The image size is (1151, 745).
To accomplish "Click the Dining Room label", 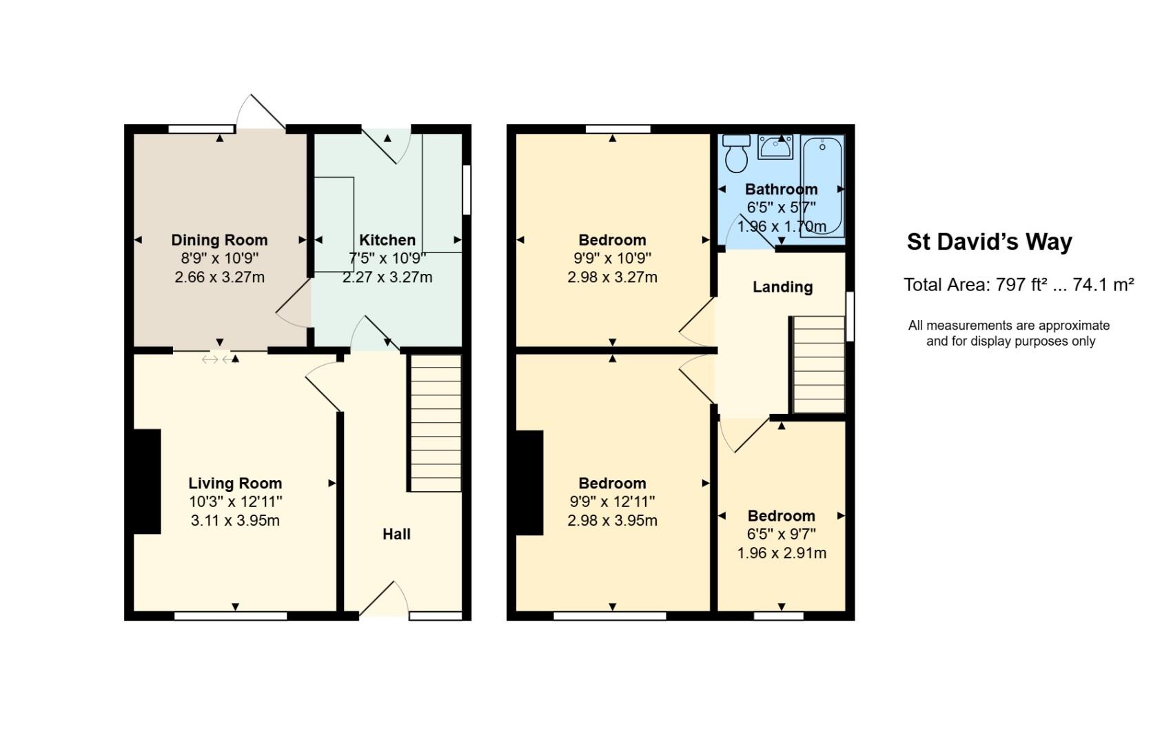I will pos(219,240).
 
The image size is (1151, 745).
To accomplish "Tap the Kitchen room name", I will pos(387,240).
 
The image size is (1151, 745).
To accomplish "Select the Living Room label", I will pos(235,484).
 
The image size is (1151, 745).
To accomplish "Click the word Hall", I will pos(396,534).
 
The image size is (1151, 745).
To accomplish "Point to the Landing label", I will pos(782,287).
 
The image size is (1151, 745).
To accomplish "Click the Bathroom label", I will pos(781,189).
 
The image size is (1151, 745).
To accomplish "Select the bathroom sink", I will pos(775,147).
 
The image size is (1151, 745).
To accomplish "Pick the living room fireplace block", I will pos(147,481).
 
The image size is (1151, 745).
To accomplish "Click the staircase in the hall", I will pos(436,423).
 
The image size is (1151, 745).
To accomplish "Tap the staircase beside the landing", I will pos(819,364).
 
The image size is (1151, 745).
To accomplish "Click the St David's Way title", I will pos(989,242).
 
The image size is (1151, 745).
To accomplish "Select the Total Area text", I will pos(1019,284).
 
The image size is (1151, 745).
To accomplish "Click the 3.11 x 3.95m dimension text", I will pos(235,520).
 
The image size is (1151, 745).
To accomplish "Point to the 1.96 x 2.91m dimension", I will pos(782,553).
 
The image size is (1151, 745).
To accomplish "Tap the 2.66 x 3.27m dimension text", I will pos(219,277).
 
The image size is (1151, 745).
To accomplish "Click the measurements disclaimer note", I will pos(1009,333).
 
